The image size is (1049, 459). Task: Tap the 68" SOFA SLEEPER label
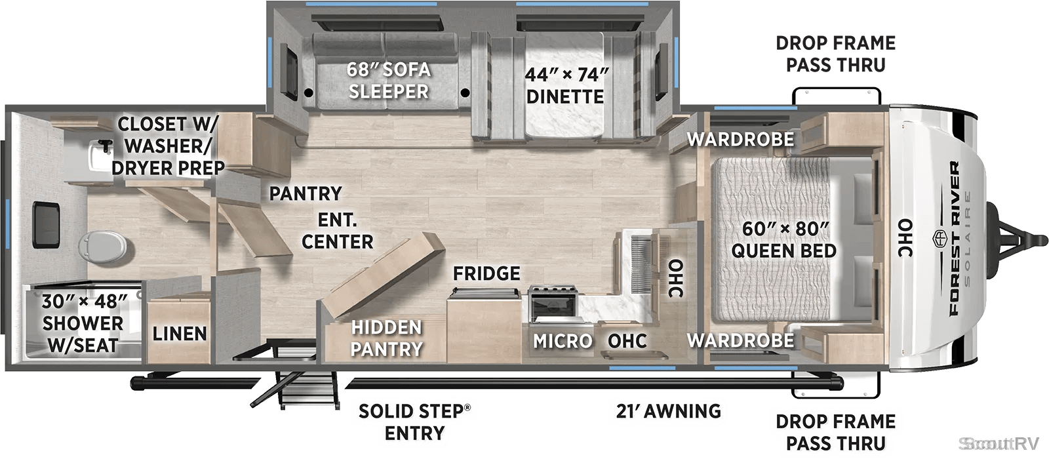(388, 80)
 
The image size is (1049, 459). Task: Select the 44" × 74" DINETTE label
(566, 86)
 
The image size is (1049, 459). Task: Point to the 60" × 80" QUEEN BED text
(784, 239)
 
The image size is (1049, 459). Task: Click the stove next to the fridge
(553, 304)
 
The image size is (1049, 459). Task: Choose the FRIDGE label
(486, 273)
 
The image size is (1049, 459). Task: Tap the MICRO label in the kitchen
(563, 342)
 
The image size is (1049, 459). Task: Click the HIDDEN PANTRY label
(387, 338)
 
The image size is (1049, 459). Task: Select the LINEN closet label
(180, 334)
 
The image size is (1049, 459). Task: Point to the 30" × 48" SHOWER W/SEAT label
(83, 323)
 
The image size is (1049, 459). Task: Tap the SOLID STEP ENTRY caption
(414, 422)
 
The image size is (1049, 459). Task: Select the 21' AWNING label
(668, 411)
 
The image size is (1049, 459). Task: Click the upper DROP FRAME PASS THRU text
(835, 54)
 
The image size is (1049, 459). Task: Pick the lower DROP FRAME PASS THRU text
(835, 432)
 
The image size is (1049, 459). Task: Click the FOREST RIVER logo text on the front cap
(955, 239)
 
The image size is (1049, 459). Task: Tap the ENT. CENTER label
(337, 231)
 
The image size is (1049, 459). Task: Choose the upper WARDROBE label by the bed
(740, 139)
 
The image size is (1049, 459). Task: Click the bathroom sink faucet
(106, 146)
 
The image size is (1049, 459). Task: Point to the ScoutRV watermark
(999, 443)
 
